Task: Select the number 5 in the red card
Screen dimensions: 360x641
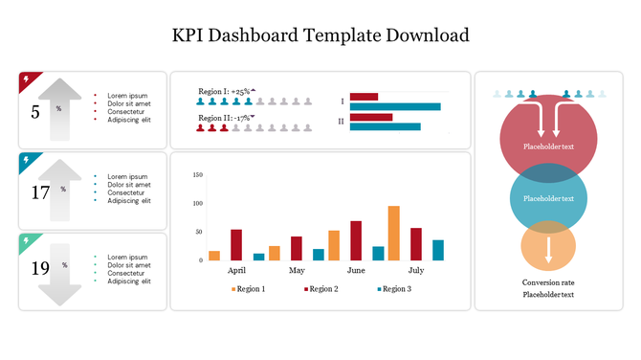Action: coord(35,112)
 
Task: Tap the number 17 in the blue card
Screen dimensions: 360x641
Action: coord(39,192)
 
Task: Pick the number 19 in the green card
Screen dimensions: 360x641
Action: coord(39,269)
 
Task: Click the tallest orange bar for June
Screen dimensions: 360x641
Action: coord(393,233)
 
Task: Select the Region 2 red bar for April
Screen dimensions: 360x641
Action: coord(236,244)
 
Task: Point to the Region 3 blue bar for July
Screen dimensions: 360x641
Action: coord(438,250)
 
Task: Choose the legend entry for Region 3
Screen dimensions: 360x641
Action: coord(394,288)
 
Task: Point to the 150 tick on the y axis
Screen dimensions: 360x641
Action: coord(198,175)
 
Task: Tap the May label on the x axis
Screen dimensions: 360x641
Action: coord(297,271)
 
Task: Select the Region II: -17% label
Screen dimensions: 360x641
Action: coord(225,118)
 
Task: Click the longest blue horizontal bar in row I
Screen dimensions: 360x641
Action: coord(395,106)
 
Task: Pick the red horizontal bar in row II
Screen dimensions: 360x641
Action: coord(371,118)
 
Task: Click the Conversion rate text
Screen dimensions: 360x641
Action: coord(548,282)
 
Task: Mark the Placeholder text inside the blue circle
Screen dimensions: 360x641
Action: coord(548,198)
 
